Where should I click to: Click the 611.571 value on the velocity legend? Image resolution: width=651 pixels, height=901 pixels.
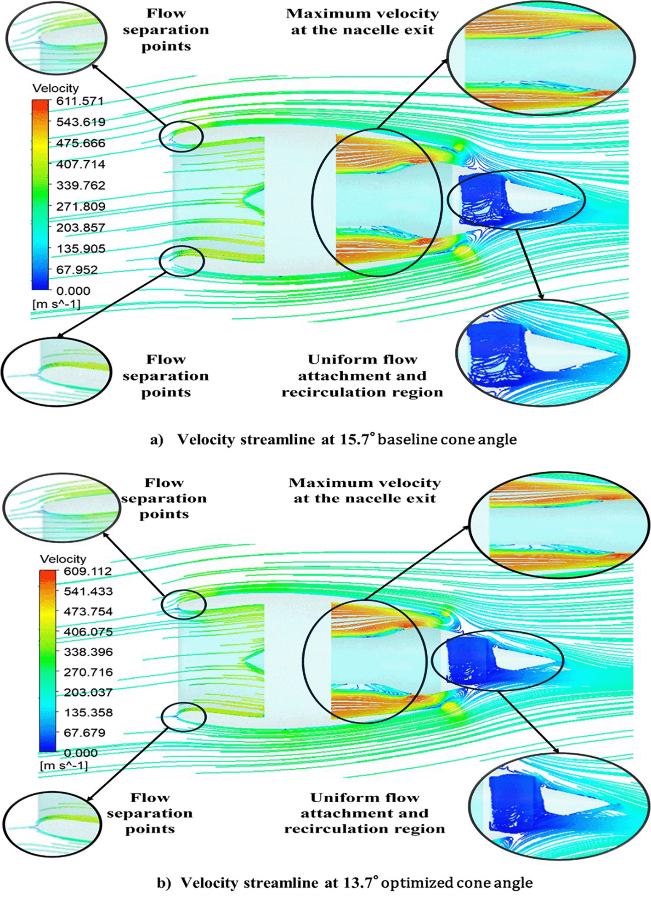pyautogui.click(x=80, y=101)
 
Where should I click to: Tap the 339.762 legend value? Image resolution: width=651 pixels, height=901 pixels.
pyautogui.click(x=80, y=186)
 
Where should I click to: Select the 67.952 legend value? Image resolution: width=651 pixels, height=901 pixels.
pyautogui.click(x=77, y=270)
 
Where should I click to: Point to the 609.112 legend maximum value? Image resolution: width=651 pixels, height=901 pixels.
pyautogui.click(x=88, y=571)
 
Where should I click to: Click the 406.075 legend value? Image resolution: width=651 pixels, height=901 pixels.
pyautogui.click(x=88, y=632)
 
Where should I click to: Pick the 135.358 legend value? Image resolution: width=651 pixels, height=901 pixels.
pyautogui.click(x=88, y=713)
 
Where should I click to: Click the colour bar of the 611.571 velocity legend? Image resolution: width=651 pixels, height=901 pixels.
pyautogui.click(x=40, y=195)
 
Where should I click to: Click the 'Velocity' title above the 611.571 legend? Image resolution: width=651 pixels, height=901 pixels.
pyautogui.click(x=56, y=88)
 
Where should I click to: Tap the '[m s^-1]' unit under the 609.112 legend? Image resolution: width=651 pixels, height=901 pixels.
pyautogui.click(x=64, y=766)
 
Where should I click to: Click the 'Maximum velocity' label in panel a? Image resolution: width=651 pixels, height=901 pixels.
pyautogui.click(x=362, y=14)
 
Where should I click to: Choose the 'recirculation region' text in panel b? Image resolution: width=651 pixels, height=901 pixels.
pyautogui.click(x=364, y=829)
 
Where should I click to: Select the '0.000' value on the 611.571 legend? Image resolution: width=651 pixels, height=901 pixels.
pyautogui.click(x=73, y=291)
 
